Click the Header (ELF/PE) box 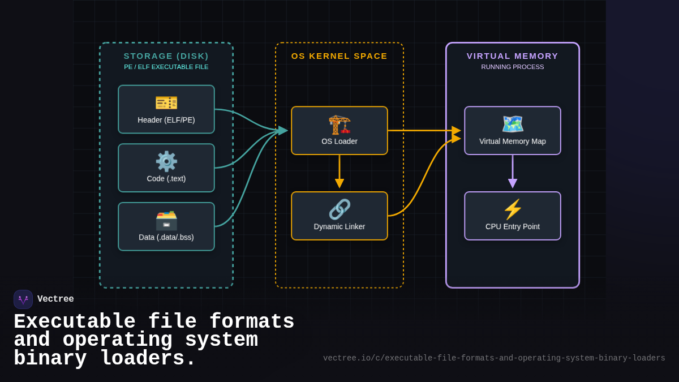(x=166, y=109)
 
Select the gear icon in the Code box (x=166, y=161)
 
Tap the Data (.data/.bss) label (x=166, y=237)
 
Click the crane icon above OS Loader (x=339, y=124)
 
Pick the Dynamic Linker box (x=339, y=216)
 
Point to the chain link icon (x=339, y=209)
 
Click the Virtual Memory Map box (x=513, y=131)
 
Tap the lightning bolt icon (x=513, y=209)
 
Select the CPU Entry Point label (x=513, y=226)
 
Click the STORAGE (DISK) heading (x=166, y=55)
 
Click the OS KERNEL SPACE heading (x=339, y=55)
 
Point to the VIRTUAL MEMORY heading (x=513, y=55)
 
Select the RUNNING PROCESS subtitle (x=513, y=67)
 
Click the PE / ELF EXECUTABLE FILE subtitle (x=166, y=67)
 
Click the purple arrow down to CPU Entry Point (x=513, y=171)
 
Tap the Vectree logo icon (x=23, y=299)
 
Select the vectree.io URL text (x=494, y=358)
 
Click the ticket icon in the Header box (x=166, y=102)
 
